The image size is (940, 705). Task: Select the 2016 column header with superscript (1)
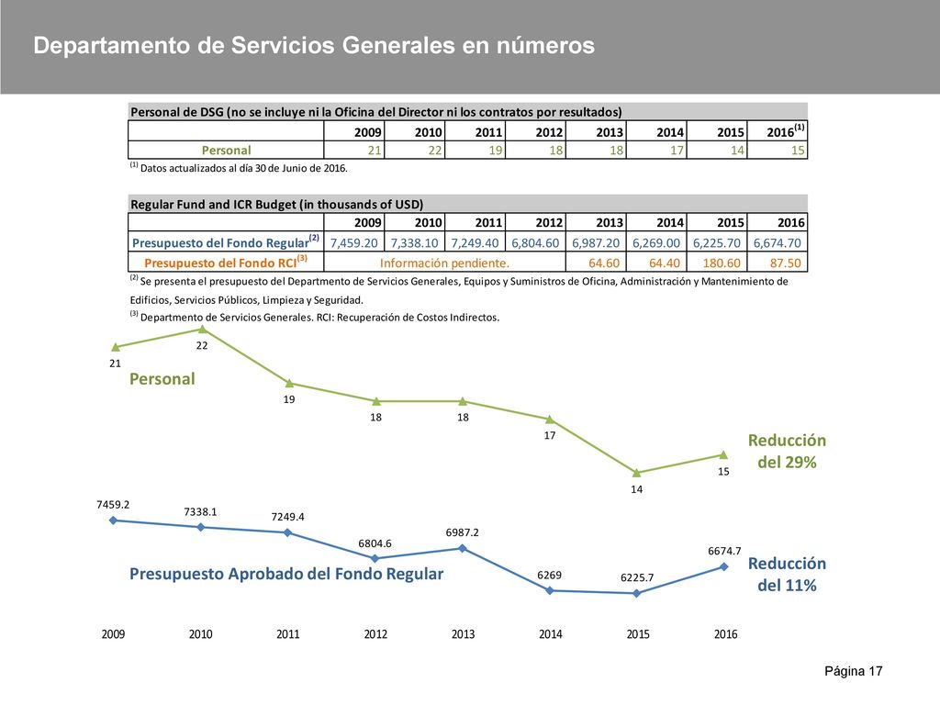click(786, 130)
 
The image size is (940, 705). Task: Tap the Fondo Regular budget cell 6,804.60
click(535, 242)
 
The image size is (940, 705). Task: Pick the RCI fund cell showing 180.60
click(722, 263)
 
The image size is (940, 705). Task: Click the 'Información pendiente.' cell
click(444, 263)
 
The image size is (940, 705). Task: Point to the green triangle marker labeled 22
click(203, 330)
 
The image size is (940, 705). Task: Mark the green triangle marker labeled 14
click(637, 473)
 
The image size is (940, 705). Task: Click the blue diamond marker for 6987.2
click(463, 548)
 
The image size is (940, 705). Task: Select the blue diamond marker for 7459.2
click(113, 520)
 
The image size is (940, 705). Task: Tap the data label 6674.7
click(724, 551)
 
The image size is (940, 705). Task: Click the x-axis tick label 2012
click(375, 634)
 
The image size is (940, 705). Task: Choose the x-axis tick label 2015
click(638, 634)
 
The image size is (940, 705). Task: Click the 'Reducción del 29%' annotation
click(787, 452)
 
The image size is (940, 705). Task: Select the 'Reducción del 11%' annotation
click(787, 575)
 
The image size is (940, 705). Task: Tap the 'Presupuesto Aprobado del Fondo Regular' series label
click(286, 575)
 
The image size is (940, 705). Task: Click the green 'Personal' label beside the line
click(162, 379)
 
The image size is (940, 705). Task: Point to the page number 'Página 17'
click(854, 671)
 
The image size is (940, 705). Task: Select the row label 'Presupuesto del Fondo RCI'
click(226, 262)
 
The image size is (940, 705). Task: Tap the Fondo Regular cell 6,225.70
click(716, 242)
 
